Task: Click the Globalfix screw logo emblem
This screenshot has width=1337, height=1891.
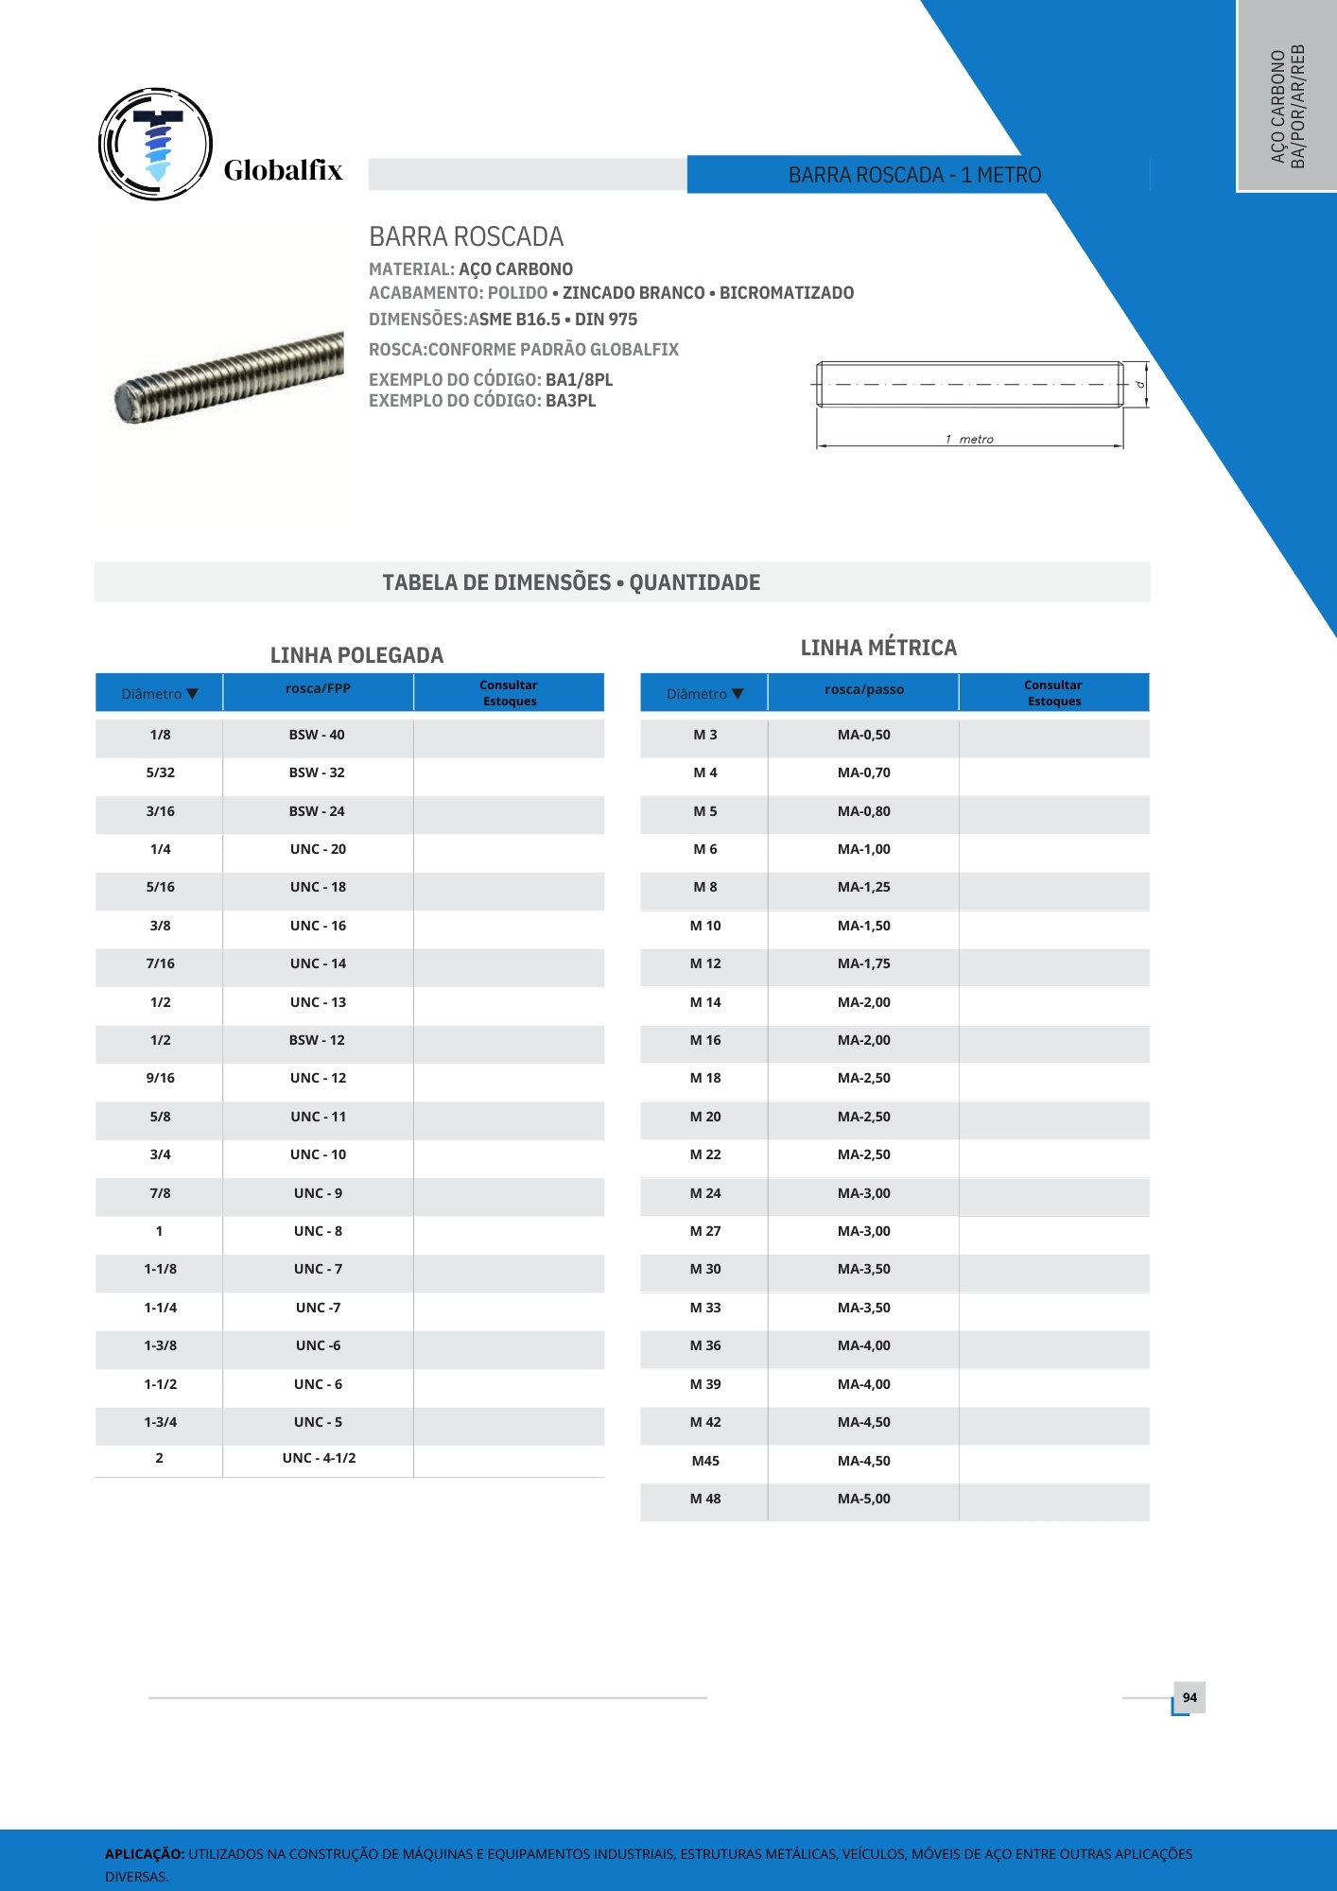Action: tap(156, 145)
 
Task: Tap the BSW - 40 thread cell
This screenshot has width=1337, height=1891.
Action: tap(317, 735)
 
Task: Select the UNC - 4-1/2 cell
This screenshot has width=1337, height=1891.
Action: tap(319, 1458)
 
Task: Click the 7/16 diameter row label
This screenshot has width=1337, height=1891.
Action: tap(160, 963)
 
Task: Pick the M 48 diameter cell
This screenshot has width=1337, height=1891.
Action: tap(705, 1499)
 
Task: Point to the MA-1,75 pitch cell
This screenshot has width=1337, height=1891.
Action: tap(863, 963)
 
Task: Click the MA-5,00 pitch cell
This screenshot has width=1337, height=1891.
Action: tap(863, 1499)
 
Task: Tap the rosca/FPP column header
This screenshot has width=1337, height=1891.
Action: tap(318, 688)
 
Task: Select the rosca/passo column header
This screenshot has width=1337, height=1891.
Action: tap(863, 689)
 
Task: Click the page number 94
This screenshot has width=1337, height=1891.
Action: tap(1189, 1697)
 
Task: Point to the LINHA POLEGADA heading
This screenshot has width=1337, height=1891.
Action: tap(356, 655)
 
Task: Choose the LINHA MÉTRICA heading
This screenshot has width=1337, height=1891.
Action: tap(878, 648)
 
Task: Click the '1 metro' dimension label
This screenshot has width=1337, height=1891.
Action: tap(969, 439)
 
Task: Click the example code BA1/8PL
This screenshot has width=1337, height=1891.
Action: tap(579, 379)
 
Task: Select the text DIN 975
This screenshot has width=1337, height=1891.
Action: tap(606, 320)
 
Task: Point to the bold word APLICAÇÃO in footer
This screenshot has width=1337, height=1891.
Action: tap(144, 1854)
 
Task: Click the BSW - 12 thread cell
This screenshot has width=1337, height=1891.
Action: tap(317, 1040)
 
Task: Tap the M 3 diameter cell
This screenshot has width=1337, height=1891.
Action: tap(705, 735)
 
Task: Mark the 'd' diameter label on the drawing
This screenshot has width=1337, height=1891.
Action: tap(1139, 384)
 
